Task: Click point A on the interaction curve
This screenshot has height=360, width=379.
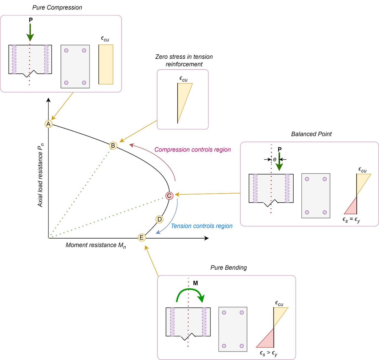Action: [49, 124]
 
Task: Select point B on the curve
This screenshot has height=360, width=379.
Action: [113, 146]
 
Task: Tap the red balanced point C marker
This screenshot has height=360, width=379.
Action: [169, 196]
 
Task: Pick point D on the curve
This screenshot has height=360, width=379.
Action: [159, 219]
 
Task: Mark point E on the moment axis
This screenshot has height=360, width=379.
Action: [142, 238]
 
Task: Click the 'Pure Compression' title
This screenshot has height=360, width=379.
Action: [57, 7]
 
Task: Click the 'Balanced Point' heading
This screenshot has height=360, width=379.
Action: [311, 134]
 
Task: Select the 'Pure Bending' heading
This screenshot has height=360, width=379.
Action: [228, 268]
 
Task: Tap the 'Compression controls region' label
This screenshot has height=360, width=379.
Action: [193, 150]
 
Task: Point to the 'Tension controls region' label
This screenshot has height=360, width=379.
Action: [202, 226]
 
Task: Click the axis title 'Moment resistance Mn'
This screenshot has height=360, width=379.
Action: [96, 245]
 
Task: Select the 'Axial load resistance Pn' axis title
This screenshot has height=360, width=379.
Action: [41, 175]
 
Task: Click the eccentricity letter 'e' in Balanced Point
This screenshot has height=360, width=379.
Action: [275, 159]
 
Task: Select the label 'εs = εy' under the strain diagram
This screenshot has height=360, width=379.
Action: [351, 220]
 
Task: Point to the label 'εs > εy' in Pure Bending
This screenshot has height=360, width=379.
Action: [268, 353]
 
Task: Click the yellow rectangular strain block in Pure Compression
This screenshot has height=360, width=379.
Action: [106, 64]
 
